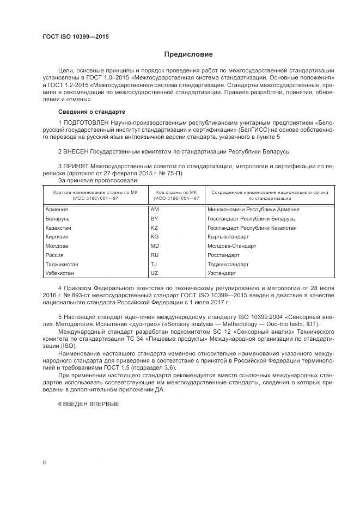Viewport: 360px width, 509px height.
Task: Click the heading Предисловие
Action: (x=188, y=54)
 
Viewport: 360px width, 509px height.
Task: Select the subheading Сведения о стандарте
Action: (x=88, y=112)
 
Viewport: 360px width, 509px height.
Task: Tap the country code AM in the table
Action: (x=154, y=210)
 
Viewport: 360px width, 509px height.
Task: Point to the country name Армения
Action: (x=57, y=210)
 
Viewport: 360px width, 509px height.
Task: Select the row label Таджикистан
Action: (x=63, y=264)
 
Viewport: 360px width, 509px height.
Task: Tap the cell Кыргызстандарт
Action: (x=228, y=237)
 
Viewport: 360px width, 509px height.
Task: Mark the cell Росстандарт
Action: (x=224, y=255)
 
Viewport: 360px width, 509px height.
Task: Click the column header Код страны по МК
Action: (x=176, y=192)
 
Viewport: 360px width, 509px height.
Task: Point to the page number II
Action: (x=44, y=462)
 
